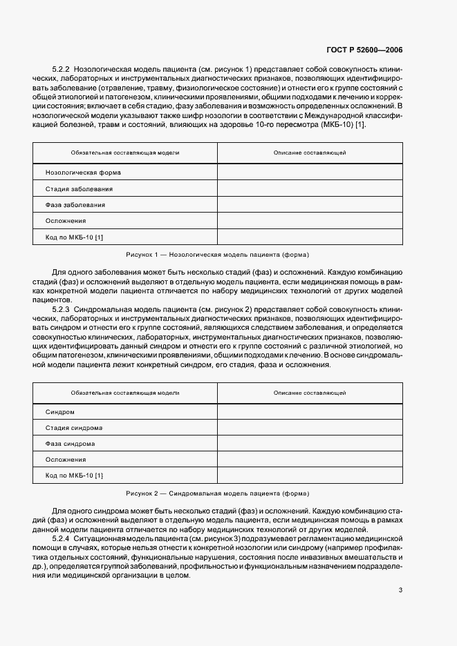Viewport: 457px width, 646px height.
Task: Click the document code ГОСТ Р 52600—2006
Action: tap(365, 50)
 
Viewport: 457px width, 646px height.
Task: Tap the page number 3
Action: tap(400, 589)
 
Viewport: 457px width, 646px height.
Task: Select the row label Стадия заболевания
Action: tap(79, 188)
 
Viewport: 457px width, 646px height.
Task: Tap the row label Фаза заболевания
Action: tap(75, 205)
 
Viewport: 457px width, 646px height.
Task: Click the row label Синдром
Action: tap(60, 412)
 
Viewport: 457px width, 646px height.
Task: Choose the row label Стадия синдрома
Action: tap(75, 428)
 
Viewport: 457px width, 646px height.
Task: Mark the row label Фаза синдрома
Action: tap(71, 444)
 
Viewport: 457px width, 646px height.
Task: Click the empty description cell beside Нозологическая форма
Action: tap(309, 173)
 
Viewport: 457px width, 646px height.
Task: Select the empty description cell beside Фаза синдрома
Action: tap(309, 444)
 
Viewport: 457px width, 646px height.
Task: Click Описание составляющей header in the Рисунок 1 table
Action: tap(309, 153)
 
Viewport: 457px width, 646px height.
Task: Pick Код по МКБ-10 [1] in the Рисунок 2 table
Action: tap(74, 476)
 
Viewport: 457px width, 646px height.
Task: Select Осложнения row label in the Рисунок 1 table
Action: tap(66, 221)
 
